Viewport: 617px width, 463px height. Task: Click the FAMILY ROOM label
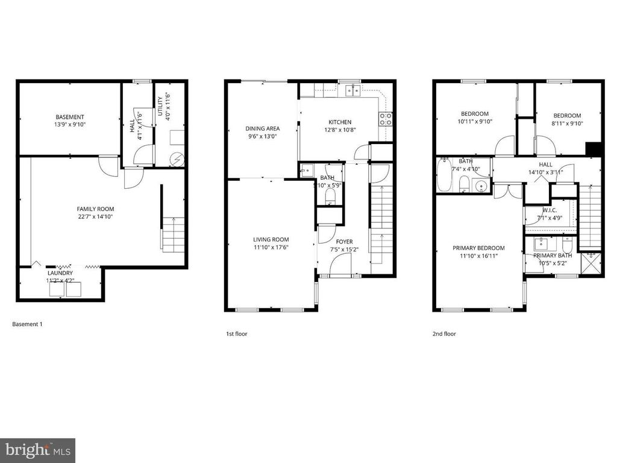pyautogui.click(x=95, y=209)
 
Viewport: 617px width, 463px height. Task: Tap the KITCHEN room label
pyautogui.click(x=340, y=122)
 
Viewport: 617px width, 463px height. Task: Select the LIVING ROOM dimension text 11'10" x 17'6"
pyautogui.click(x=271, y=247)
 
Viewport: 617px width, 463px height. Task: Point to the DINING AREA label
pyautogui.click(x=263, y=128)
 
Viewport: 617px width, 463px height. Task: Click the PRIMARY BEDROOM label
pyautogui.click(x=478, y=248)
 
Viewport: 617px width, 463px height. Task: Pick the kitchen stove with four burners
pyautogui.click(x=385, y=119)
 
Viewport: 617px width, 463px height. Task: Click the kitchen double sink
pyautogui.click(x=352, y=92)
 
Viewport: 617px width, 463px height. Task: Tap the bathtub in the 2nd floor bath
pyautogui.click(x=444, y=174)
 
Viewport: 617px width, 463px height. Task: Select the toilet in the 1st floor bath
pyautogui.click(x=330, y=197)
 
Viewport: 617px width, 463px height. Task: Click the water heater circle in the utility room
pyautogui.click(x=177, y=159)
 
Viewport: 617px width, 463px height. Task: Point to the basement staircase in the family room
pyautogui.click(x=173, y=235)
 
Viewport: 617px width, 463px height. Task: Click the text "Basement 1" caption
pyautogui.click(x=27, y=324)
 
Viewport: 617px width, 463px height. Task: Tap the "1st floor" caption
pyautogui.click(x=236, y=334)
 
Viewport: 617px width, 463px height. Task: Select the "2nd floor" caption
pyautogui.click(x=444, y=334)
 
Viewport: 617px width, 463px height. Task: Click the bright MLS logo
pyautogui.click(x=38, y=450)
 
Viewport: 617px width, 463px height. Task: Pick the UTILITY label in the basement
pyautogui.click(x=160, y=106)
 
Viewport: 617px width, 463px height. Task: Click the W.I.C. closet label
pyautogui.click(x=550, y=210)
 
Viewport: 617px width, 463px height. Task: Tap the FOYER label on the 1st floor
pyautogui.click(x=344, y=242)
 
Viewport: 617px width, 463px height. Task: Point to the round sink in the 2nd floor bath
pyautogui.click(x=480, y=185)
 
